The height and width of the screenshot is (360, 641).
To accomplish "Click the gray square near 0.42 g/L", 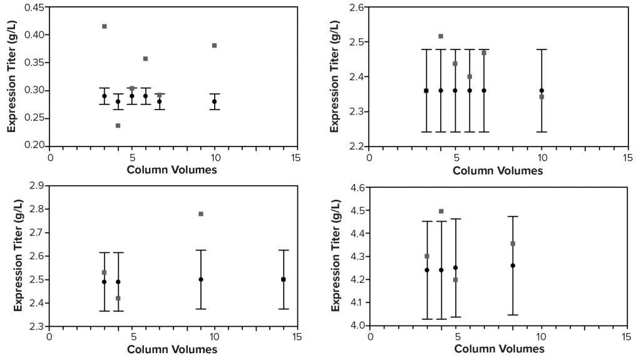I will coord(104,26).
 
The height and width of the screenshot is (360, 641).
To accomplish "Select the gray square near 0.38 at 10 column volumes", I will coord(214,46).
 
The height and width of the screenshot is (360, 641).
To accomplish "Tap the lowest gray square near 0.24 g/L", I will coord(118,126).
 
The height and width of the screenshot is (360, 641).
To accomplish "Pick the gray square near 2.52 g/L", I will coord(441,36).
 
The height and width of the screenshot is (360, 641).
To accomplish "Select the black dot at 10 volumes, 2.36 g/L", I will coord(541,91).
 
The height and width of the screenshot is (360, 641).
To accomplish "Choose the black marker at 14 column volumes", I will coord(283,279).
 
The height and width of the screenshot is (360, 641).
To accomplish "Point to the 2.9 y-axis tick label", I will coord(36,186).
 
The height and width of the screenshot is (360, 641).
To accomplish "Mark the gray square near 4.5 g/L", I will coord(441,212).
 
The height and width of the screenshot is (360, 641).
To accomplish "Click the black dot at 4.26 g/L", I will coord(513,265).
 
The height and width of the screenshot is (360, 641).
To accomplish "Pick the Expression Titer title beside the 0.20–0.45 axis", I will coord(12,76).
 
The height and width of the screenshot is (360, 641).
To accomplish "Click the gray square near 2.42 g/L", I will coord(118,298).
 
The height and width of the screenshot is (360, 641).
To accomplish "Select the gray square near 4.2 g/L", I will coord(455,280).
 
